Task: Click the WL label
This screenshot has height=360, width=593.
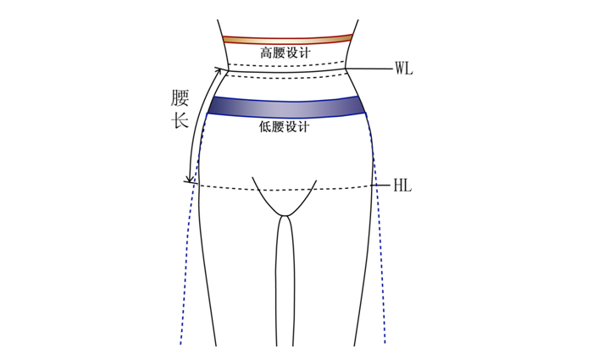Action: pos(404,69)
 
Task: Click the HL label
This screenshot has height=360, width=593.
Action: pos(402,186)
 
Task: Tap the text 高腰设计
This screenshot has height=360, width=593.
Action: pos(285,53)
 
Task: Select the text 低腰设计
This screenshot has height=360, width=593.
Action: pos(284,126)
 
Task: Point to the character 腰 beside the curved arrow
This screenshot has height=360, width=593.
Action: pos(180,98)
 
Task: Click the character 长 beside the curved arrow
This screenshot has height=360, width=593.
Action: pos(180,120)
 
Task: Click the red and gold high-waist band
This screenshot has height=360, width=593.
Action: pos(287,39)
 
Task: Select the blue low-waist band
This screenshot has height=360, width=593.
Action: pos(286,106)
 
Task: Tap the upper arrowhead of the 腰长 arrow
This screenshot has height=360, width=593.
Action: pos(219,70)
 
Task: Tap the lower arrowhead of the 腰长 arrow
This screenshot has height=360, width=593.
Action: pos(191,179)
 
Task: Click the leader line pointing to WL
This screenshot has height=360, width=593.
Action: pos(369,69)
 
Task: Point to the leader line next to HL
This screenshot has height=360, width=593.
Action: pos(380,186)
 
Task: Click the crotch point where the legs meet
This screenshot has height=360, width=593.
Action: pos(285,215)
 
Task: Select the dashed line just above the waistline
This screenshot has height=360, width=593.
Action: pos(287,64)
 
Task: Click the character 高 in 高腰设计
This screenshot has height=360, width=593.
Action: pos(266,53)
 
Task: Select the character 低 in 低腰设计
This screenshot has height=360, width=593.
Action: pos(265,126)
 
